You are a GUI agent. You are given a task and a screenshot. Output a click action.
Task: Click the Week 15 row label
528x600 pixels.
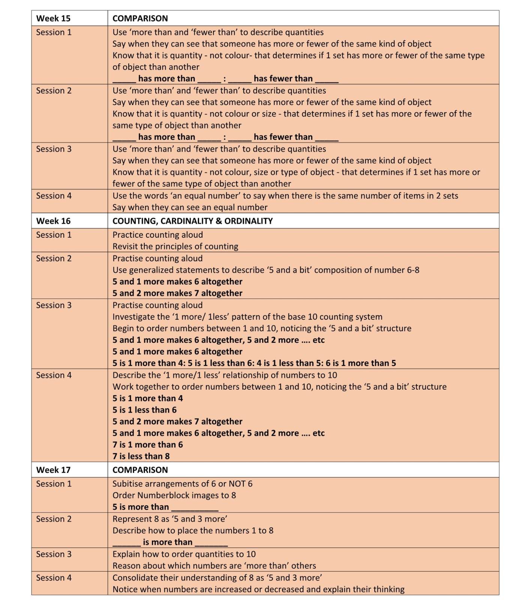tap(53, 18)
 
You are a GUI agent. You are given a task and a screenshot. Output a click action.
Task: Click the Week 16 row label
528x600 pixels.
tap(53, 221)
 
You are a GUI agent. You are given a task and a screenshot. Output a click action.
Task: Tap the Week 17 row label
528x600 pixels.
tap(53, 470)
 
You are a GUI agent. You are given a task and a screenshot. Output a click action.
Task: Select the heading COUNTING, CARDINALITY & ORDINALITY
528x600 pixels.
tap(192, 221)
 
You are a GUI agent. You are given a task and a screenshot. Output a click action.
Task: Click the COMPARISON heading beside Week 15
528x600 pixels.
tap(140, 18)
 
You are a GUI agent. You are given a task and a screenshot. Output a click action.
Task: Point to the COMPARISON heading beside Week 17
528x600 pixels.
tap(140, 470)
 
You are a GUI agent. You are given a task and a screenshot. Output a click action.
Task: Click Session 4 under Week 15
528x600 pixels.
tap(54, 196)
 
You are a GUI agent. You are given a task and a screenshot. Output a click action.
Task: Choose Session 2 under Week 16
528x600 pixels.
tap(54, 258)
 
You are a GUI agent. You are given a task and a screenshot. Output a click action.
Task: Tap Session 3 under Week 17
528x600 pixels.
tap(54, 554)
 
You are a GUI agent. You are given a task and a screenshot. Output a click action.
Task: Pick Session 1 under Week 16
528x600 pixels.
tap(54, 235)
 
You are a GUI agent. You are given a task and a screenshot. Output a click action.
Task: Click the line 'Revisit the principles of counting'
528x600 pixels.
tap(175, 246)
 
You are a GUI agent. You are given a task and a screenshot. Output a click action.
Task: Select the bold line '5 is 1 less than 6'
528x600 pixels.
tap(144, 410)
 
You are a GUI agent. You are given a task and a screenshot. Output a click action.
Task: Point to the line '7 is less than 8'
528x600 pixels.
tap(141, 456)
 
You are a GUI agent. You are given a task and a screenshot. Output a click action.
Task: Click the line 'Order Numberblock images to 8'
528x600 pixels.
tap(174, 495)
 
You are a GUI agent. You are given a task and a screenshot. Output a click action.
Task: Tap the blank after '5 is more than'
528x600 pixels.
tap(195, 508)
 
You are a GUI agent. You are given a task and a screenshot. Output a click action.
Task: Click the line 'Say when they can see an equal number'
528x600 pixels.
tap(190, 207)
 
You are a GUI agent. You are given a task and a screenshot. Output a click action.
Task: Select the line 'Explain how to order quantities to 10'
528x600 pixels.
tap(184, 554)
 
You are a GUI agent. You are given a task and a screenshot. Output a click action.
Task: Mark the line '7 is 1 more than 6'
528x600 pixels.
tap(148, 445)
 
